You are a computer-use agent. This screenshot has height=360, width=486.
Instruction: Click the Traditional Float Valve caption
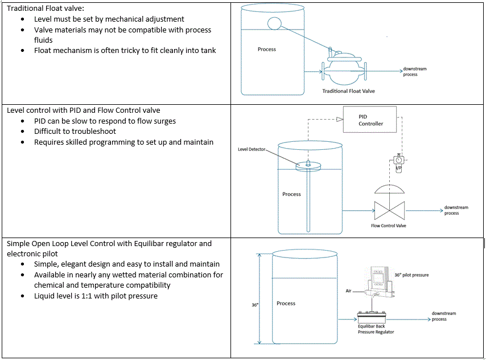(x=348, y=91)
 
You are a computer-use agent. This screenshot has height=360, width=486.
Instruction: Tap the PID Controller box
(x=370, y=120)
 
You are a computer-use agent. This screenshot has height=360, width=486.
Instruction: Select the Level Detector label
(x=251, y=149)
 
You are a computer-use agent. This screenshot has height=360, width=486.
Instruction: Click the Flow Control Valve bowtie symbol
(x=389, y=210)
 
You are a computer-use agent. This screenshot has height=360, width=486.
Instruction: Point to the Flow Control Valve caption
(x=389, y=226)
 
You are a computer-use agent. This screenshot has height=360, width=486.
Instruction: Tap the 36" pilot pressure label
(x=411, y=275)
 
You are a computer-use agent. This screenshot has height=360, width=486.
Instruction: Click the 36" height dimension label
(x=255, y=305)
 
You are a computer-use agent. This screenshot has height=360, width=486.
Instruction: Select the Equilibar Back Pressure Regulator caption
(x=376, y=329)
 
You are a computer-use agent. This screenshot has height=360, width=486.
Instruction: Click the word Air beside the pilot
(x=349, y=291)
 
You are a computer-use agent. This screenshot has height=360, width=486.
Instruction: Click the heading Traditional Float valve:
(x=45, y=9)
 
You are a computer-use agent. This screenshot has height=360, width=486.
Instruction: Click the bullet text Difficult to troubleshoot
(x=78, y=132)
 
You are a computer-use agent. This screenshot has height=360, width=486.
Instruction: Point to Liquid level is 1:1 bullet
(x=96, y=296)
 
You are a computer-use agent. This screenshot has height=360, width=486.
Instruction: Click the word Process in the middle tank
(x=291, y=194)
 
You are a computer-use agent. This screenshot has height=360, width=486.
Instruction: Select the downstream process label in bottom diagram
(x=443, y=316)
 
